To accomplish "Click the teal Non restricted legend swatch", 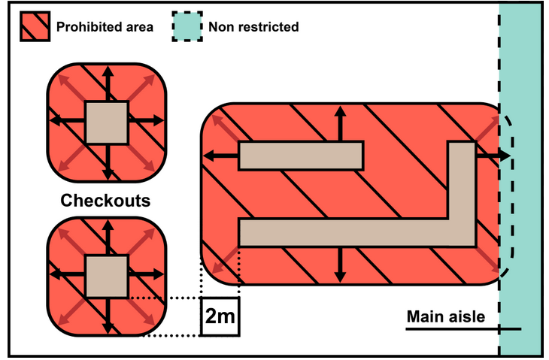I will click(x=186, y=26).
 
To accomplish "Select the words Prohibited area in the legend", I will click(x=105, y=27).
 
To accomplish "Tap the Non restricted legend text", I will click(x=254, y=27).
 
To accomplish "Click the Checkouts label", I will click(x=105, y=201).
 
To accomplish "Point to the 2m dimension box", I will click(x=220, y=316).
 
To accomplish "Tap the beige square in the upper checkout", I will click(x=107, y=122).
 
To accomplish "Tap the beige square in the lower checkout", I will click(x=107, y=276).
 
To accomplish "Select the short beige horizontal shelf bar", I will click(x=301, y=156).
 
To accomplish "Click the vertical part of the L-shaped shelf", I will click(x=462, y=188).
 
